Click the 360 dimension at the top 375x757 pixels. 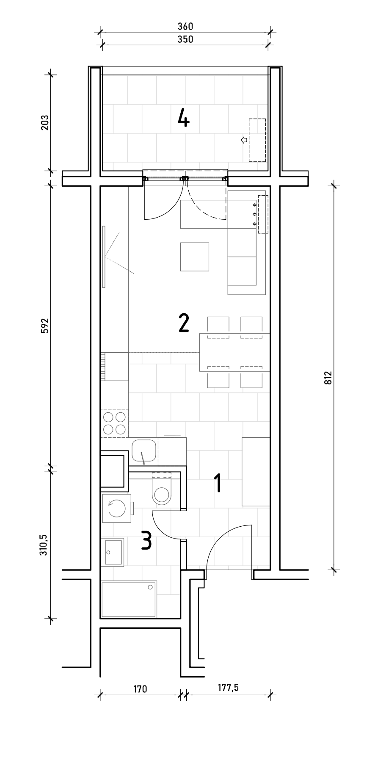pos(185,26)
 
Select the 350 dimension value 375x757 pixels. pos(185,39)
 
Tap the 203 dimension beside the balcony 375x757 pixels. pos(45,123)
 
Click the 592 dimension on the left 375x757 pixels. pos(45,326)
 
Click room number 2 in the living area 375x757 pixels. pos(184,323)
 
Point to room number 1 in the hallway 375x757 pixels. pos(218,483)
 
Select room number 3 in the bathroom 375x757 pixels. pos(146,541)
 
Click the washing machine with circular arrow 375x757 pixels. pos(117,508)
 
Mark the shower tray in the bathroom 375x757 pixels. pos(129,600)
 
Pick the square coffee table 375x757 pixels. pos(195,257)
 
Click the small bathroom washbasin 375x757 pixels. pos(113,552)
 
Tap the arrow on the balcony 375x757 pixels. pos(244,140)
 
